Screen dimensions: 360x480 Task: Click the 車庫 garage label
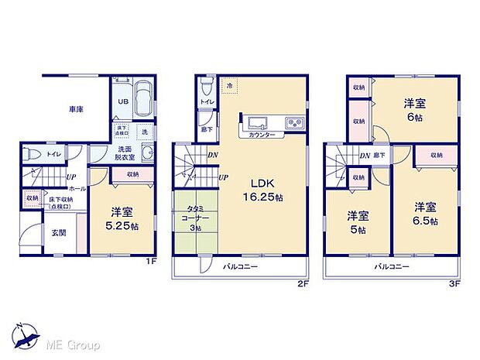pos(75,110)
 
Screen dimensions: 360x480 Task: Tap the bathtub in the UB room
pos(144,100)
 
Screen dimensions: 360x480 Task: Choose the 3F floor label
pos(458,284)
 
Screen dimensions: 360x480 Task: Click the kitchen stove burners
pos(293,122)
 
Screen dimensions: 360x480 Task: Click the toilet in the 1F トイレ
pos(30,153)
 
